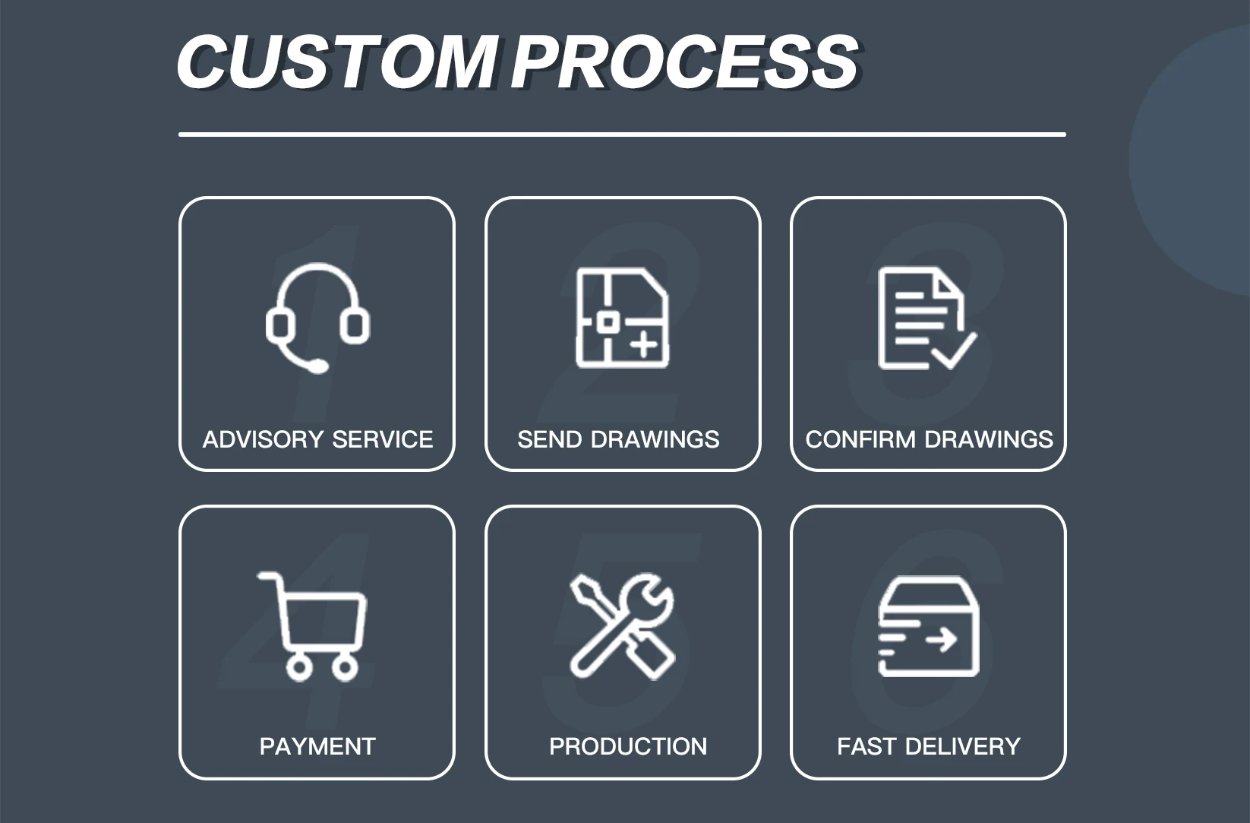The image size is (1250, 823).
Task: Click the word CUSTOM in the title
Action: (336, 62)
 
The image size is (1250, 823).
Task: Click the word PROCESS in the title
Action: (685, 62)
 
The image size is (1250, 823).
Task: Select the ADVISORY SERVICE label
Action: (317, 439)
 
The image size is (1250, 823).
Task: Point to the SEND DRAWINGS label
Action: (618, 439)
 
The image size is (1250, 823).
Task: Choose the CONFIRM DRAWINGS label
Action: (929, 439)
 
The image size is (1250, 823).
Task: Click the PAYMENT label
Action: (317, 746)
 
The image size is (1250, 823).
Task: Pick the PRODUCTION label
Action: (628, 746)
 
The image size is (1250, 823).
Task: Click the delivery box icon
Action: (928, 626)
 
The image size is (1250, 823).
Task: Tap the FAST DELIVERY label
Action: (928, 746)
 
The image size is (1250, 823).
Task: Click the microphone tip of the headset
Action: (320, 367)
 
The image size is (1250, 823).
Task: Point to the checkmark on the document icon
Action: (955, 350)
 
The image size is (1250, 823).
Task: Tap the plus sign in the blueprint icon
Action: (644, 346)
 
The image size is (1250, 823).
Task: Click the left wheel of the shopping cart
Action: (298, 668)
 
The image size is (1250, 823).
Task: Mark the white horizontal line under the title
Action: (622, 135)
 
